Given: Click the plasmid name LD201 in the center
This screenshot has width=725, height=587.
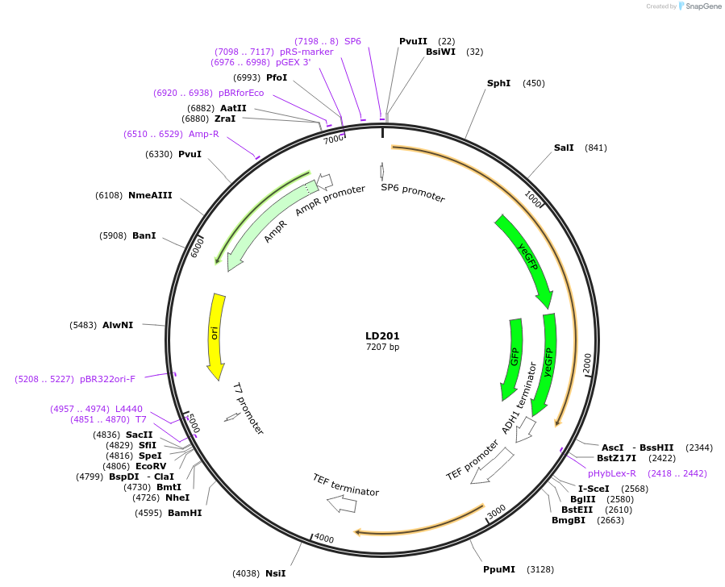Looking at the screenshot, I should [382, 335].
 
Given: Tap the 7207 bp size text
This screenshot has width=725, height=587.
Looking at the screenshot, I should [382, 348].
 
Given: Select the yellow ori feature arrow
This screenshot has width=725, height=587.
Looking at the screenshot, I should [216, 335].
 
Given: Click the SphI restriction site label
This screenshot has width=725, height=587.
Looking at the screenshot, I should [498, 83].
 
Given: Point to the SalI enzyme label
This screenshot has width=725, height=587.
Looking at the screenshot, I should [564, 148].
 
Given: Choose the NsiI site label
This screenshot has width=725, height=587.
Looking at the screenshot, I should [276, 573].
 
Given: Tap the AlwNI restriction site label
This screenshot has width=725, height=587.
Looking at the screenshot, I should [118, 325].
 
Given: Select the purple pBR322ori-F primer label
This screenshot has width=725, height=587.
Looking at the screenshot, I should [107, 378].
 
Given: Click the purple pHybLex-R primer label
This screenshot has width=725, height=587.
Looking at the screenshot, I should [612, 473].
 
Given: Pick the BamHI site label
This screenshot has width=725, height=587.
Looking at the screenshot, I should [185, 513].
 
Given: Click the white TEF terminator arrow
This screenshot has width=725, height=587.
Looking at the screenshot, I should [342, 504].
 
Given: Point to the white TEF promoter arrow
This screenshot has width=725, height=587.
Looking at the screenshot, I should [493, 466].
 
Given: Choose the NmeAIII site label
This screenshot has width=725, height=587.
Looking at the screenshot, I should [151, 195].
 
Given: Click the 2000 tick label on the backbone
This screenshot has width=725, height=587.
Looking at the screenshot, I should [587, 364].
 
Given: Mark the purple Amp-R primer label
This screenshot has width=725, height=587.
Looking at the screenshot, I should [204, 134].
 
